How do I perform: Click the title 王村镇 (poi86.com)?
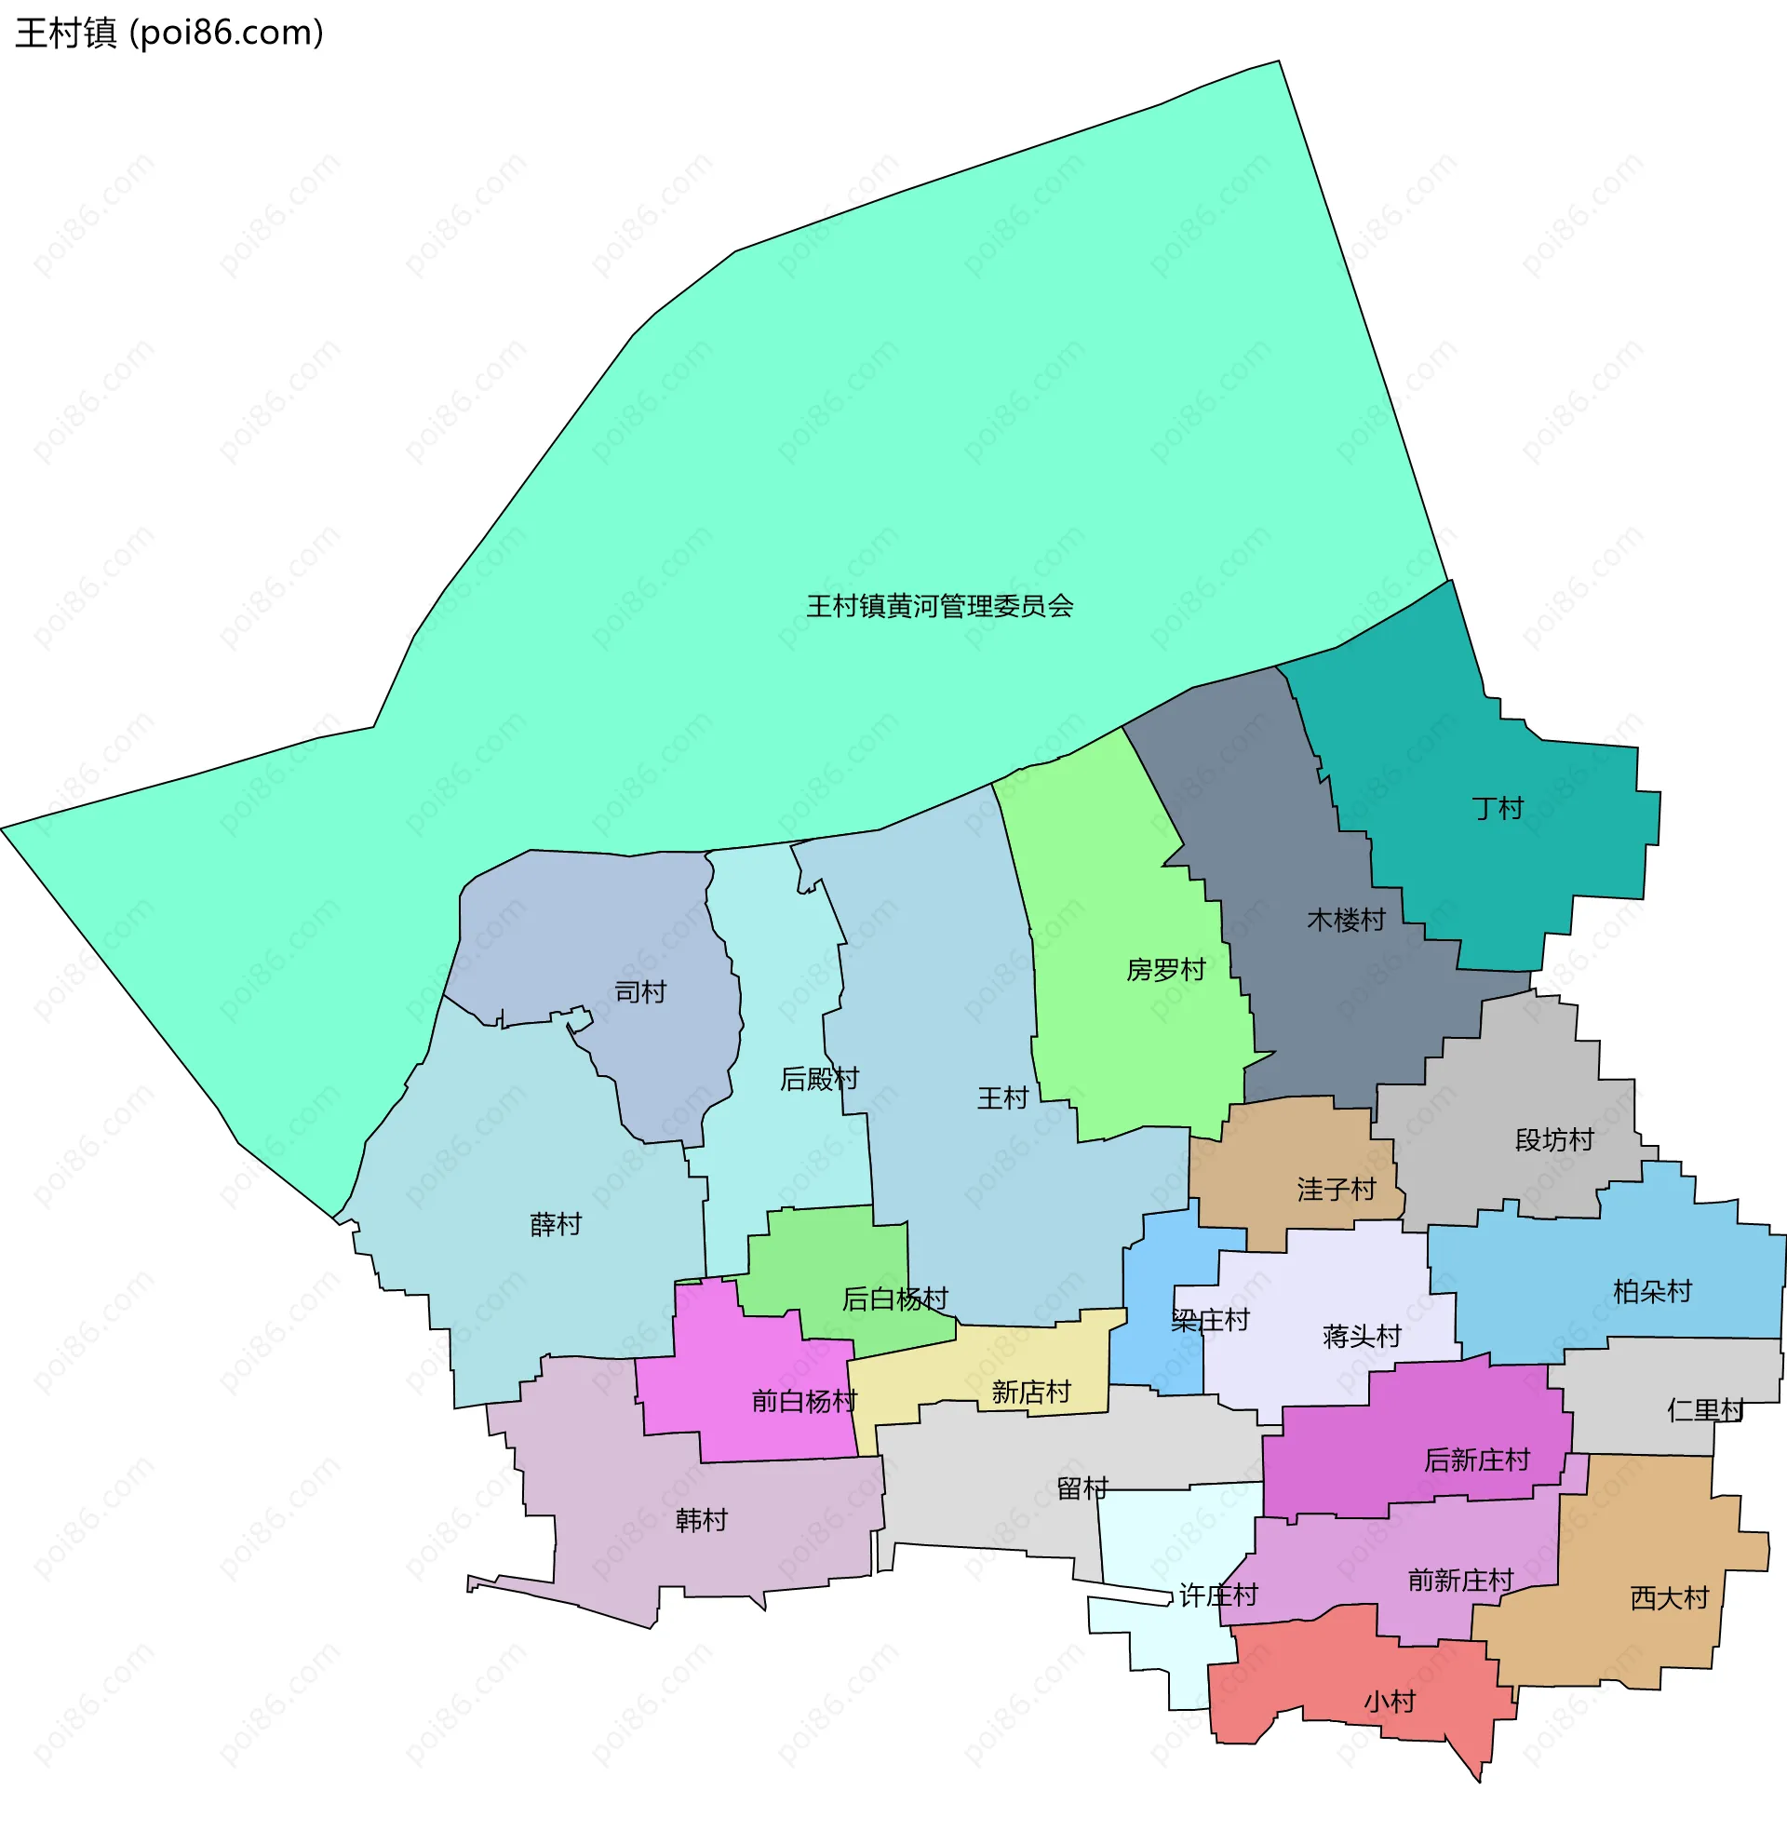tap(169, 33)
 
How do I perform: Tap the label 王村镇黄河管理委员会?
tap(940, 606)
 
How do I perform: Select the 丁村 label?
tap(1497, 808)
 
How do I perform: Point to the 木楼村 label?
tap(1346, 919)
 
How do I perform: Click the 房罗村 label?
tap(1165, 969)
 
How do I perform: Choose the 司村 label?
tap(639, 991)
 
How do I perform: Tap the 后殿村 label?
tap(819, 1078)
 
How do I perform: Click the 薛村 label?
tap(556, 1224)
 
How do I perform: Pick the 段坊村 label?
tap(1553, 1139)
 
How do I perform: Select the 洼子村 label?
tap(1336, 1190)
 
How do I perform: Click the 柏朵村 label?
tap(1651, 1291)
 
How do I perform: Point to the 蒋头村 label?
tap(1361, 1336)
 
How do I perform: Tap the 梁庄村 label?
tap(1210, 1320)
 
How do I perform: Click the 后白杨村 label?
tap(894, 1299)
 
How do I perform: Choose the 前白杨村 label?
tap(804, 1401)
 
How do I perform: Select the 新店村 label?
tap(1031, 1392)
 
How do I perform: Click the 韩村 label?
tap(701, 1519)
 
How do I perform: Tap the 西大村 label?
tap(1669, 1597)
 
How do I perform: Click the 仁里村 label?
tap(1705, 1409)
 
